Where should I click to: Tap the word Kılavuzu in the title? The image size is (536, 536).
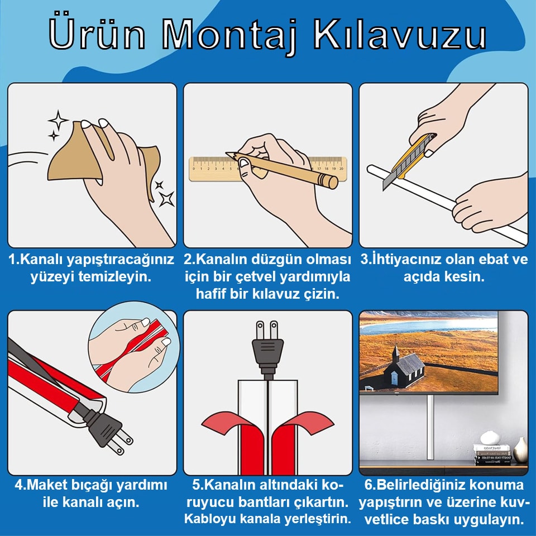[399, 34]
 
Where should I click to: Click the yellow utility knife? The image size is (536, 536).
[409, 161]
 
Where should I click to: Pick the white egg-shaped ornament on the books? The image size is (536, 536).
[490, 438]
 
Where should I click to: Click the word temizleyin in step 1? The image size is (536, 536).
[114, 276]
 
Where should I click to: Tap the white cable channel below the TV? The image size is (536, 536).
[430, 427]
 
